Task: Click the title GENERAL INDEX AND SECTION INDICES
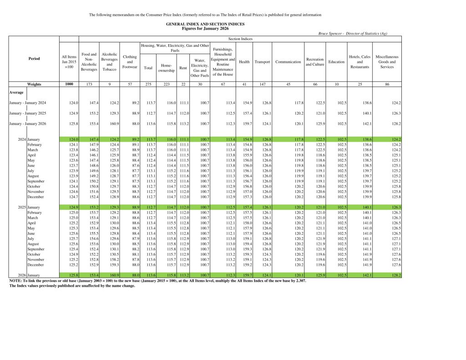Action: coord(205,24)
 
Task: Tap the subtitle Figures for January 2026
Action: coord(205,28)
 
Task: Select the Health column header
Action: coord(244,62)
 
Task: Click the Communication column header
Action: coord(288,62)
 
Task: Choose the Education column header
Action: coord(336,62)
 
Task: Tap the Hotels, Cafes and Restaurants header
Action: coord(360,62)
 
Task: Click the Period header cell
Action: coord(34,59)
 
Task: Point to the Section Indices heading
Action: coord(240,39)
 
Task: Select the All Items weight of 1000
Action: coord(69,84)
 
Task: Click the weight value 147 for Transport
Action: coord(263,84)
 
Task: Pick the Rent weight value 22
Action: coord(183,84)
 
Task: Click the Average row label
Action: coord(16,92)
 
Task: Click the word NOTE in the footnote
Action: coord(15,281)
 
